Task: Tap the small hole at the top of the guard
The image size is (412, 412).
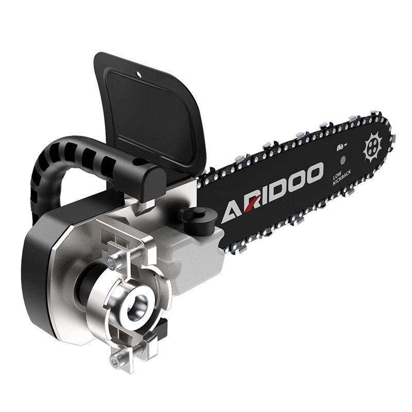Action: [139, 74]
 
